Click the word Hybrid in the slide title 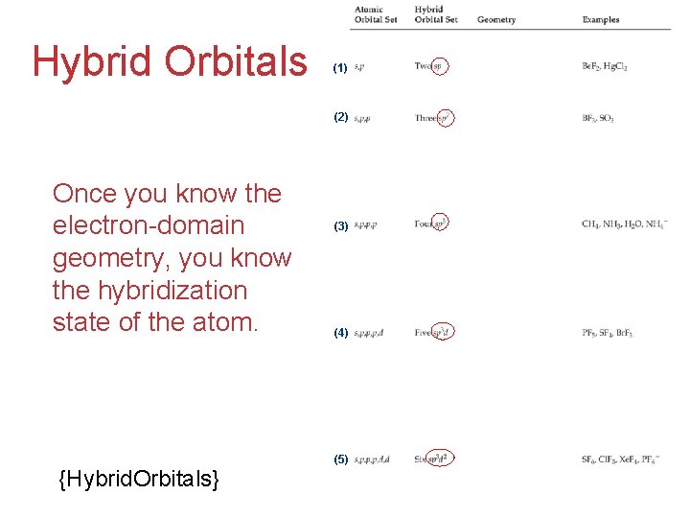click(93, 61)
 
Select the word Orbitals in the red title click(236, 61)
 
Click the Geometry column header click(496, 19)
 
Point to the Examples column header click(601, 19)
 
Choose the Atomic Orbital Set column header click(376, 14)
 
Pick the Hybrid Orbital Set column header click(436, 14)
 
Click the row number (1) click(340, 68)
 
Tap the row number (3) click(340, 226)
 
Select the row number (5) click(340, 459)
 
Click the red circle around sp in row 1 click(438, 66)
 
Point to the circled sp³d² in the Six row click(440, 459)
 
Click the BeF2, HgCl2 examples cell click(605, 66)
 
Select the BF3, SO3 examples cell click(598, 118)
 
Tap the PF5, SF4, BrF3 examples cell click(608, 333)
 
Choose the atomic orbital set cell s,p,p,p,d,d click(372, 459)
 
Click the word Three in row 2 click(425, 118)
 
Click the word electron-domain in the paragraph click(149, 225)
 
